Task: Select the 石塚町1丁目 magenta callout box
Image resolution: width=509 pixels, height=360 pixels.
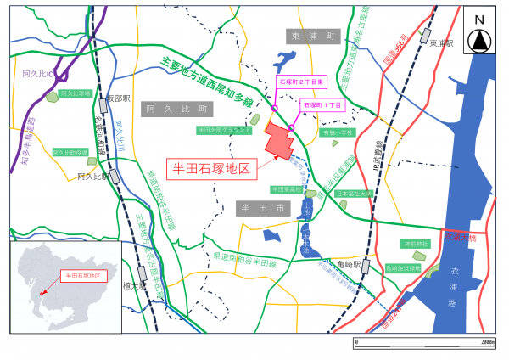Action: point(323,104)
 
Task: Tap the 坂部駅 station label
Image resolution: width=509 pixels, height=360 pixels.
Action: point(119,98)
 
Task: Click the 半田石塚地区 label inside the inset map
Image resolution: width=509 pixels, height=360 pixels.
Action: point(83,276)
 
